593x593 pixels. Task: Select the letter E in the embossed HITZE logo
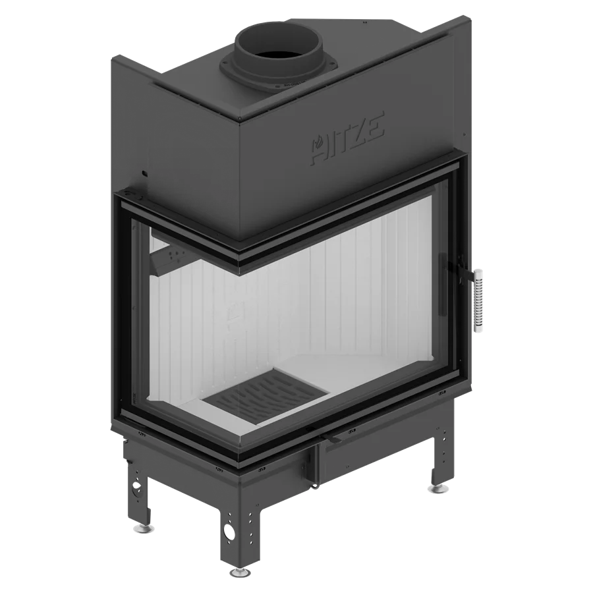[374, 127]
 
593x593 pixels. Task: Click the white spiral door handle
[478, 301]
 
